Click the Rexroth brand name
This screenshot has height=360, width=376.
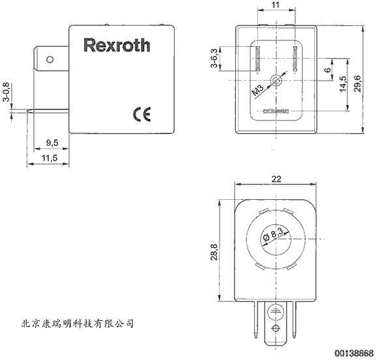point(117,45)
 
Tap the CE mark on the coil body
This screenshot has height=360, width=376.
point(142,114)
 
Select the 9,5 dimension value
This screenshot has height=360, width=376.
point(52,143)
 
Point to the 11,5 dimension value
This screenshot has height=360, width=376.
point(50,158)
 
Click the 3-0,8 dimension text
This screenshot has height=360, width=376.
point(7,92)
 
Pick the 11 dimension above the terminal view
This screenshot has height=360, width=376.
point(276,5)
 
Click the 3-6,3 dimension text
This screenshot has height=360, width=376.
point(214,58)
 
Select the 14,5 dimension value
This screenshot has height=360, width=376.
point(343,83)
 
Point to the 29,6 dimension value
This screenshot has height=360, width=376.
point(358,83)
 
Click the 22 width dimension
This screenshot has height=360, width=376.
point(276,179)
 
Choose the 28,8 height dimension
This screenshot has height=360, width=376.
point(214,252)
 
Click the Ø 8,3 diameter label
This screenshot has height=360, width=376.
point(273,234)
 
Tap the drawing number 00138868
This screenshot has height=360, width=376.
point(354,353)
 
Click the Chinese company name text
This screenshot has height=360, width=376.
point(77,324)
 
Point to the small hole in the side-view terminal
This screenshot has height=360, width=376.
point(50,59)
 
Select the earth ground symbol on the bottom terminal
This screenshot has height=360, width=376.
point(276,311)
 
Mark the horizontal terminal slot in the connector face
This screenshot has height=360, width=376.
point(276,111)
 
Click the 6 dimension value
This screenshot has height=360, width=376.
point(328,70)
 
